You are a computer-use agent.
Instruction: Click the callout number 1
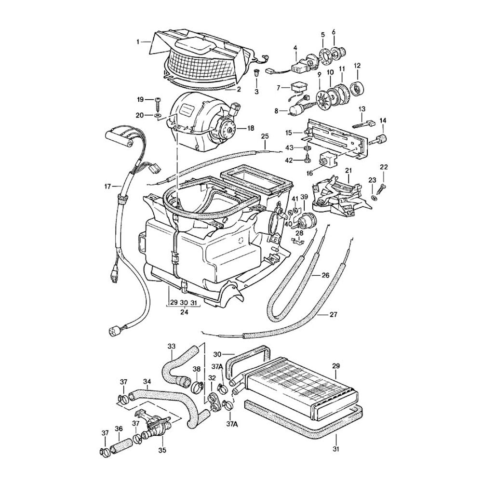pos(137,42)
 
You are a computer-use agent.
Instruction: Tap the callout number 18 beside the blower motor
pos(250,128)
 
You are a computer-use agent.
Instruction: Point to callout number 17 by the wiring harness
pos(108,186)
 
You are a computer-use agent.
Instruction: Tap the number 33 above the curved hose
pos(171,346)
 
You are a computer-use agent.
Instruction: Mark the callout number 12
pos(357,65)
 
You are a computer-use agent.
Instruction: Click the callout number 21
pos(348,171)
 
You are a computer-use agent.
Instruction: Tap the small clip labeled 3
pos(256,74)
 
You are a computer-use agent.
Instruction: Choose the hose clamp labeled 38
pos(197,386)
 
